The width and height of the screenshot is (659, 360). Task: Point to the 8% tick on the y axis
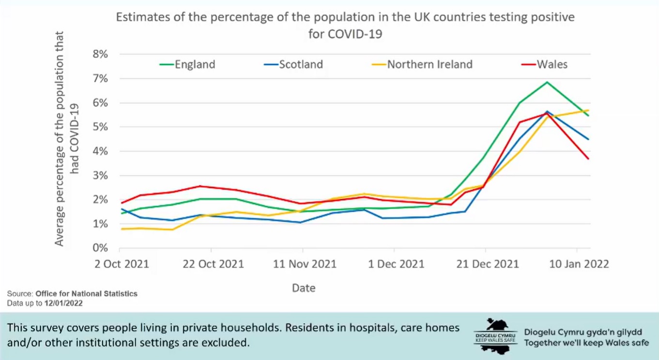click(x=100, y=54)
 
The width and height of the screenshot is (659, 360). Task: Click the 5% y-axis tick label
click(x=100, y=127)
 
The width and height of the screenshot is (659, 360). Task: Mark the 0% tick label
click(x=100, y=248)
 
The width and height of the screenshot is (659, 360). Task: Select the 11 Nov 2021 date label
click(x=303, y=264)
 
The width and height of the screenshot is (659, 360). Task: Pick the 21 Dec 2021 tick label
click(x=486, y=264)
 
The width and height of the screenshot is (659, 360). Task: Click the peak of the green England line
click(x=547, y=82)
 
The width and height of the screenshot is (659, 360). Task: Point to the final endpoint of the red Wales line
click(x=588, y=159)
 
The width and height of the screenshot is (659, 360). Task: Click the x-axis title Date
click(x=304, y=288)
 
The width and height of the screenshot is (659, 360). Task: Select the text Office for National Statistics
click(x=86, y=294)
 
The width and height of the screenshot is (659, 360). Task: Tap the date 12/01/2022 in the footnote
click(x=63, y=303)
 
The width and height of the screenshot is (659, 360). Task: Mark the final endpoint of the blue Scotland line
click(x=588, y=139)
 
